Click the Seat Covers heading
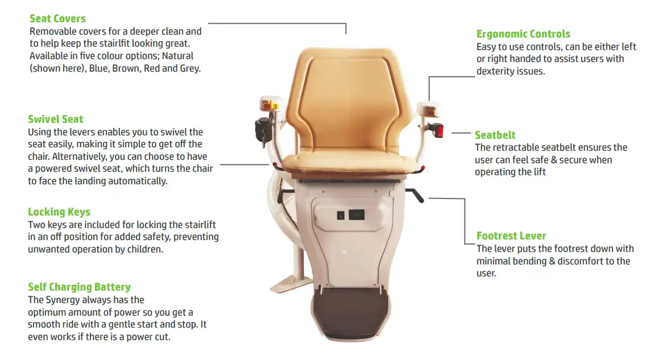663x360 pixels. click(x=57, y=19)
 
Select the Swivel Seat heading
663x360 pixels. click(x=55, y=119)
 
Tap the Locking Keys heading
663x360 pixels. click(x=59, y=212)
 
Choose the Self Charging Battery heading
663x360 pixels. click(x=80, y=287)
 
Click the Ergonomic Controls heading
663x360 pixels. click(x=523, y=34)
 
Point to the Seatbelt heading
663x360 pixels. click(x=495, y=135)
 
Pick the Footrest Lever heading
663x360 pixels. click(x=511, y=235)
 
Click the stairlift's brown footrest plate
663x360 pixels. click(x=350, y=313)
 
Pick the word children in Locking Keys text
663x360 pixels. click(x=146, y=249)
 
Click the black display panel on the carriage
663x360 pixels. click(x=357, y=215)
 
